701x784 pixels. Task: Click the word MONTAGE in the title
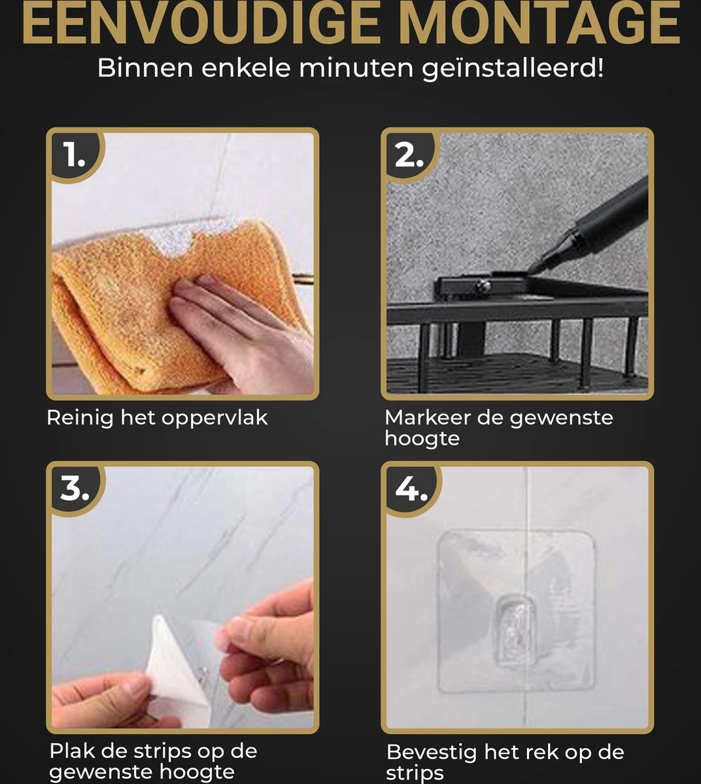pos(539,23)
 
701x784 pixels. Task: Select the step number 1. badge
pos(74,156)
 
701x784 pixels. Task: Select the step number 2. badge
pos(409,156)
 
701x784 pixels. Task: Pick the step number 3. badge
pos(74,489)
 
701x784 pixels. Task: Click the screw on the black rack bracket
pos(483,286)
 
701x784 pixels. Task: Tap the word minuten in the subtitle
pos(356,68)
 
